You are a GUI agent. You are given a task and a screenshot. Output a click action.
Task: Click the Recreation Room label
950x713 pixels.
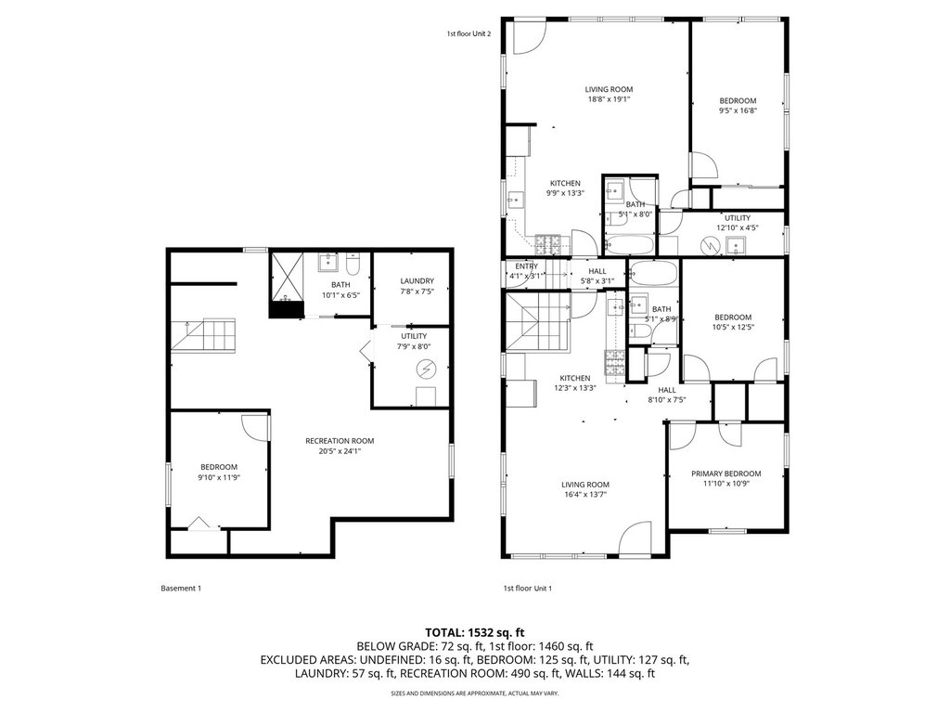click(x=340, y=441)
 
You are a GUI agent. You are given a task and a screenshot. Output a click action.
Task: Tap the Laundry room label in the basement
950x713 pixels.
click(x=417, y=280)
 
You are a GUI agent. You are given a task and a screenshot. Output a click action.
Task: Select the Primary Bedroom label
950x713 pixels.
click(x=725, y=473)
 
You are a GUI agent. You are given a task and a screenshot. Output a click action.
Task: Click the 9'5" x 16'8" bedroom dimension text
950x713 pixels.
click(x=738, y=110)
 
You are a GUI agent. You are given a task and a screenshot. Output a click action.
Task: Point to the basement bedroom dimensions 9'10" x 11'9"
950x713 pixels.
click(x=219, y=477)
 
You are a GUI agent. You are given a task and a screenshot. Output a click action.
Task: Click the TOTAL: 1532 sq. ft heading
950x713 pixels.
click(x=474, y=633)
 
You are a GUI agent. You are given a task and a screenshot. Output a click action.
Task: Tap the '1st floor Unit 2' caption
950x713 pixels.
click(x=469, y=34)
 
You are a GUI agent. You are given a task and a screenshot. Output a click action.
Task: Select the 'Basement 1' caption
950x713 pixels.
click(x=181, y=588)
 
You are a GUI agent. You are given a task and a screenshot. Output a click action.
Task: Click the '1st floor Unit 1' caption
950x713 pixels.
click(x=527, y=588)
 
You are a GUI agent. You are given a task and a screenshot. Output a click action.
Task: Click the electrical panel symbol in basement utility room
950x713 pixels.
click(x=426, y=368)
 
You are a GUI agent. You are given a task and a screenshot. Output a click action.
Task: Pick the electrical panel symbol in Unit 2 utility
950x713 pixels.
click(x=709, y=245)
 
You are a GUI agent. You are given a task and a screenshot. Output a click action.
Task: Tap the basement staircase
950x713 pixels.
click(x=202, y=335)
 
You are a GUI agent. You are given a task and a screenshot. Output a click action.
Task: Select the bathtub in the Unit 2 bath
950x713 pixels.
click(x=630, y=245)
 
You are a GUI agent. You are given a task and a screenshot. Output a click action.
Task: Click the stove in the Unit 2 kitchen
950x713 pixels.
click(x=549, y=244)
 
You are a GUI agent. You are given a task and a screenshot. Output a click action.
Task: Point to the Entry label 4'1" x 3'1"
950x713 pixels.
click(x=526, y=271)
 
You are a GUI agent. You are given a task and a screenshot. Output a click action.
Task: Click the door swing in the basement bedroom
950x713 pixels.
click(x=255, y=427)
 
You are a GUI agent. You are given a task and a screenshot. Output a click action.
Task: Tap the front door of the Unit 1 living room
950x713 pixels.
click(x=635, y=539)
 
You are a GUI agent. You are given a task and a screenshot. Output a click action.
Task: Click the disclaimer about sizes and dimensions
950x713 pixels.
click(x=474, y=693)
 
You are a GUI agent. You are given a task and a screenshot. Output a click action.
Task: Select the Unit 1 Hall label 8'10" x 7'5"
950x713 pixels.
click(x=666, y=395)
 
